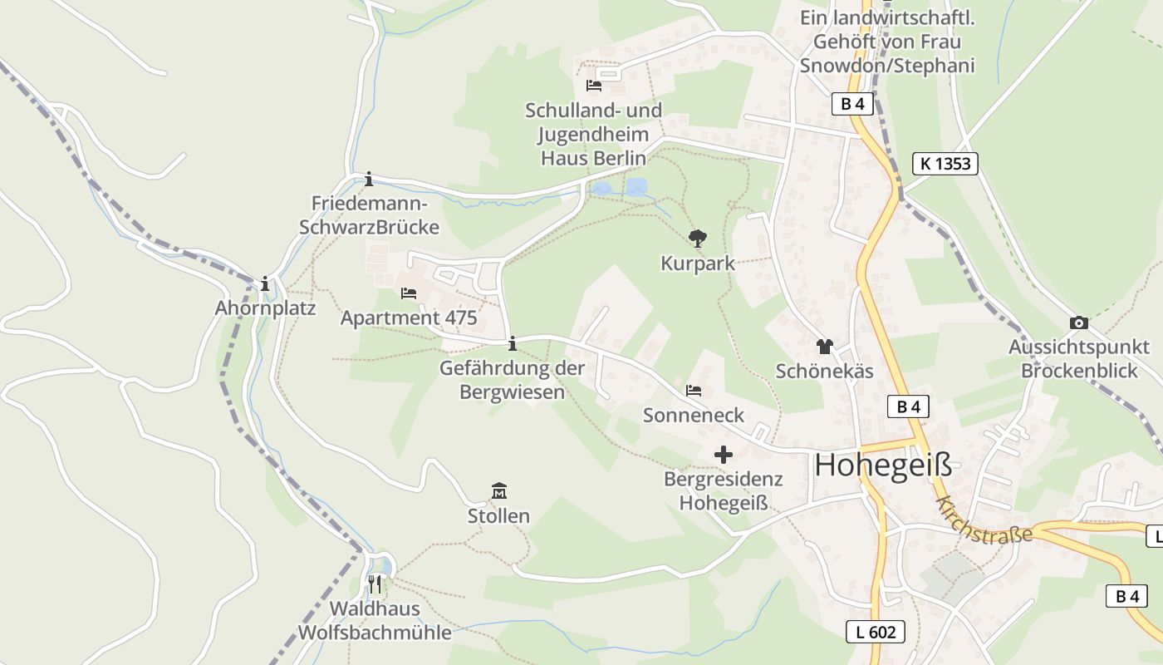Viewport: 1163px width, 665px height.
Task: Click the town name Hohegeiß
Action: pyautogui.click(x=883, y=465)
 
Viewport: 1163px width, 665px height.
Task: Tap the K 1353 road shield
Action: pyautogui.click(x=945, y=164)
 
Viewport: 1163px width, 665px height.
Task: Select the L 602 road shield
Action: pyautogui.click(x=876, y=632)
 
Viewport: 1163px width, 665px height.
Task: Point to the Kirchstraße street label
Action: pyautogui.click(x=984, y=520)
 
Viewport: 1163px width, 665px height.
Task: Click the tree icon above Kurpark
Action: pyautogui.click(x=698, y=239)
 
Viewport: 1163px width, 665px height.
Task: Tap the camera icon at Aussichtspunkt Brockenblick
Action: pyautogui.click(x=1079, y=323)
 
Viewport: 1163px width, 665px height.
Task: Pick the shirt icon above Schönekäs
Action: pyautogui.click(x=824, y=347)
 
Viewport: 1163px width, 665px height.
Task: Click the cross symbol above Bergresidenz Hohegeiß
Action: pyautogui.click(x=724, y=455)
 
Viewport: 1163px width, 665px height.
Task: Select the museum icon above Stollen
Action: pyautogui.click(x=499, y=491)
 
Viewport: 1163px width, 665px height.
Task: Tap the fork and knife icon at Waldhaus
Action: pyautogui.click(x=375, y=584)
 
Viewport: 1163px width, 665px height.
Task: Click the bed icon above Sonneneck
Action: pyautogui.click(x=694, y=390)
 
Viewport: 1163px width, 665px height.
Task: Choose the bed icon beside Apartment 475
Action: pyautogui.click(x=408, y=293)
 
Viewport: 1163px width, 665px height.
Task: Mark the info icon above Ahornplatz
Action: pyautogui.click(x=265, y=283)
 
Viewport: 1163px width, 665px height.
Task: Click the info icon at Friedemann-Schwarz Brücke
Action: pyautogui.click(x=369, y=179)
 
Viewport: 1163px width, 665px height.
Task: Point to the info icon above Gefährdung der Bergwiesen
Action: pyautogui.click(x=513, y=342)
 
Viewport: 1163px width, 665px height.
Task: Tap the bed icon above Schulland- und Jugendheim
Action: pyautogui.click(x=593, y=85)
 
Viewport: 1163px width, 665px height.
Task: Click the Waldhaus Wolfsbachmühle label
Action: pyautogui.click(x=375, y=620)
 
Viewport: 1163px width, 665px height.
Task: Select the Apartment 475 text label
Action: pyautogui.click(x=409, y=318)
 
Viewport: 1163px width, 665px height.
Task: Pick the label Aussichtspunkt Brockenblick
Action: pyautogui.click(x=1078, y=358)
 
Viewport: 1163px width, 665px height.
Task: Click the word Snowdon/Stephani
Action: pyautogui.click(x=887, y=66)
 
